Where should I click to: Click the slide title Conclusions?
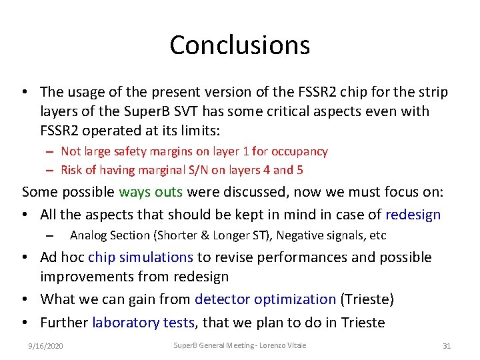(239, 45)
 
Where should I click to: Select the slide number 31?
(447, 345)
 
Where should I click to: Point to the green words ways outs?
(151, 193)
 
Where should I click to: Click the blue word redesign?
(413, 215)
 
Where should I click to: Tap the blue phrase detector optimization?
(265, 300)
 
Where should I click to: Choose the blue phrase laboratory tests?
(143, 323)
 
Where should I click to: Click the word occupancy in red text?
(301, 151)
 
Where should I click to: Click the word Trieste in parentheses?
(367, 300)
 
